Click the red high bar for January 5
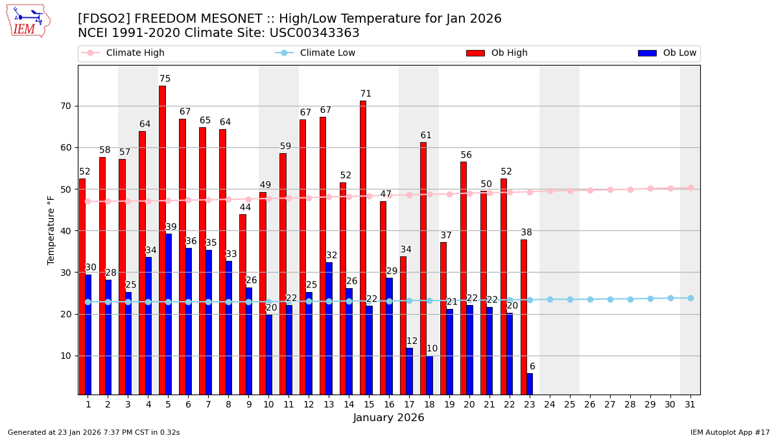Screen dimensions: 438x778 point(162,240)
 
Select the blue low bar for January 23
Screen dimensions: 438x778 point(530,383)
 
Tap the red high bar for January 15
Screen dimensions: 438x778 point(362,247)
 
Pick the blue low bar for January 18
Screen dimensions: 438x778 point(429,374)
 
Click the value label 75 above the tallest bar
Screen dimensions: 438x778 point(165,79)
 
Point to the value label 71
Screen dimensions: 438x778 point(366,94)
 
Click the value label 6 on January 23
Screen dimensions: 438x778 point(532,367)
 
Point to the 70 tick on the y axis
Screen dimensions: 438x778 point(65,106)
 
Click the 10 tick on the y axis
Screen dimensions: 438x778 point(65,356)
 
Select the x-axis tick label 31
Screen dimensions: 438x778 point(690,404)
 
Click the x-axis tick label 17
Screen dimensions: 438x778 point(409,404)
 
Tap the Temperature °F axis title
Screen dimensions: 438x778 point(51,230)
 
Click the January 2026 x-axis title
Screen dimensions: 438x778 point(388,418)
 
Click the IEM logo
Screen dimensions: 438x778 point(29,21)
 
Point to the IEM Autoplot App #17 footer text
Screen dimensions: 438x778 point(730,432)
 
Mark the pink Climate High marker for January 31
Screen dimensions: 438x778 point(690,188)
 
